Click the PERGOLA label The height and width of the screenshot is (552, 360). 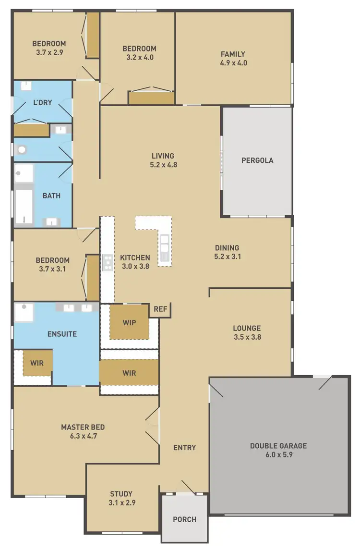point(257,160)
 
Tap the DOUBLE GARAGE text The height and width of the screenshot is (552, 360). point(278,446)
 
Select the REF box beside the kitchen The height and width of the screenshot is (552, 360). point(160,309)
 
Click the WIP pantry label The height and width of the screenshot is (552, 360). point(129,322)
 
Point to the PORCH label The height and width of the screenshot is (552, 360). point(184,519)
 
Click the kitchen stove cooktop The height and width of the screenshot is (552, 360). point(108,262)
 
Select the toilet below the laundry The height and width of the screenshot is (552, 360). point(21,150)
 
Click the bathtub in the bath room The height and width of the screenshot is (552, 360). point(23,208)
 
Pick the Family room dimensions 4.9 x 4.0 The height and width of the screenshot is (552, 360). point(233,62)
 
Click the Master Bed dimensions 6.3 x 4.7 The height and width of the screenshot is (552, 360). point(83,436)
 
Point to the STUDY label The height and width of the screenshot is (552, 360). point(121,494)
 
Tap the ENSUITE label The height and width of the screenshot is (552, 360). point(62,334)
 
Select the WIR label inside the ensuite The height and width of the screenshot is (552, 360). point(37,363)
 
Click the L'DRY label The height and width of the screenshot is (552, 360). point(43,102)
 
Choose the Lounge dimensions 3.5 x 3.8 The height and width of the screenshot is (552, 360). point(247,337)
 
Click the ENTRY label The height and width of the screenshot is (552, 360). point(184,448)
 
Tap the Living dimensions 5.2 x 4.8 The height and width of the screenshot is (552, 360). point(163,165)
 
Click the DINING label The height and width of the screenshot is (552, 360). point(228,248)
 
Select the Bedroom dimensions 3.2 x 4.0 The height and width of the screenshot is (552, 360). point(139,57)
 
